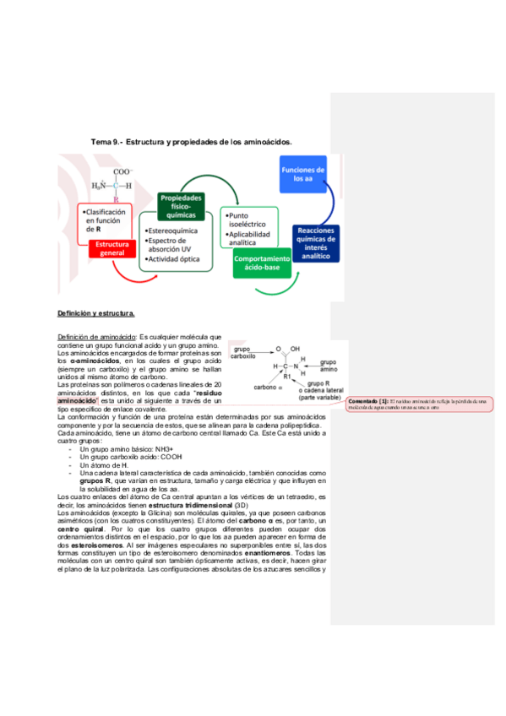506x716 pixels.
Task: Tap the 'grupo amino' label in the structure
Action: pyautogui.click(x=328, y=366)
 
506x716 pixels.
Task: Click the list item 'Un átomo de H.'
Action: pyautogui.click(x=104, y=465)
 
